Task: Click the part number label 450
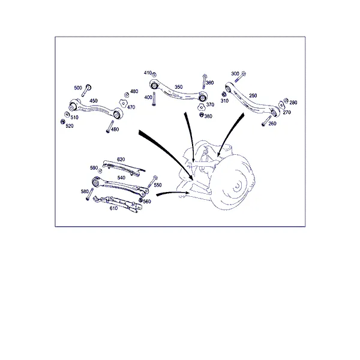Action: click(94, 101)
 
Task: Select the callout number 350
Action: click(178, 87)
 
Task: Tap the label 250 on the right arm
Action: click(253, 95)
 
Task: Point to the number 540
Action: click(121, 178)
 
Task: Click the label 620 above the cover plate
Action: click(121, 160)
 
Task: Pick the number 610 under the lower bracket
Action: click(113, 208)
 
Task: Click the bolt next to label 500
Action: click(86, 91)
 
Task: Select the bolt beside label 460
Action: click(110, 127)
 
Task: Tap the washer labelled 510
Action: click(67, 115)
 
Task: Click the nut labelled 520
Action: click(62, 121)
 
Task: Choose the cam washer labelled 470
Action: click(123, 103)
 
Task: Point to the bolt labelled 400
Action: click(154, 99)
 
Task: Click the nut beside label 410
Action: click(155, 74)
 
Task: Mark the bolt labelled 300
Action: click(240, 77)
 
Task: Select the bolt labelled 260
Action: click(266, 121)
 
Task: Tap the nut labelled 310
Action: click(224, 94)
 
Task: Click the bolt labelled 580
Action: click(89, 194)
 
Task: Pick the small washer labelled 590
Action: click(100, 171)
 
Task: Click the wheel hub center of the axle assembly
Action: click(237, 185)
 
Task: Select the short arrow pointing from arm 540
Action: click(172, 193)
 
